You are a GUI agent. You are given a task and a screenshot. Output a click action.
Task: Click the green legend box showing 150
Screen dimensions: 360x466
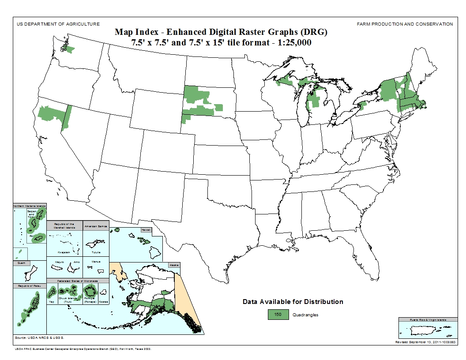pos(278,315)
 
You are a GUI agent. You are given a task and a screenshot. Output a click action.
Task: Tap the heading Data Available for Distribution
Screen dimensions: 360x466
pos(293,302)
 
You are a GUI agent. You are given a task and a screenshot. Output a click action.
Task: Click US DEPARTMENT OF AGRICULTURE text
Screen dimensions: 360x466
pos(58,24)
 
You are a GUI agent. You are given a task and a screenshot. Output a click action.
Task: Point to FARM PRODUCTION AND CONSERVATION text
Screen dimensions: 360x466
pos(405,24)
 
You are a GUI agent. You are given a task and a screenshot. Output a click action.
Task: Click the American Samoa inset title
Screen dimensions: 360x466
pos(95,225)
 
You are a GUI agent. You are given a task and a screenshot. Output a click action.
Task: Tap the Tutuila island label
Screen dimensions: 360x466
pos(96,252)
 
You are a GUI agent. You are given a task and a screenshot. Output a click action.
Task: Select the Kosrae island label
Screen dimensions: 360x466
pos(103,302)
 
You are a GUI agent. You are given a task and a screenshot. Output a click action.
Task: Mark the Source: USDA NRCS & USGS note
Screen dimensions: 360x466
pos(39,337)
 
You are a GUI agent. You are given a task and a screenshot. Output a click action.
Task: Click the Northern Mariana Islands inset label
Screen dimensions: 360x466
pos(29,206)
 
